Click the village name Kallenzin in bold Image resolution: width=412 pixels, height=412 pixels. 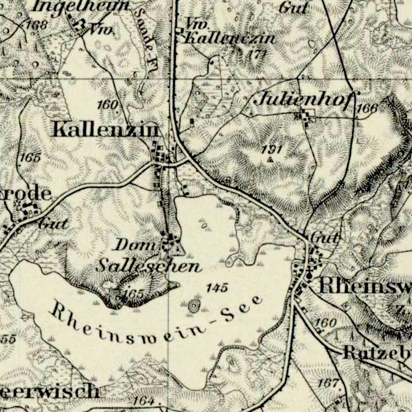(x=106, y=130)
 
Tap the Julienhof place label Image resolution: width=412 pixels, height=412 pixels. (x=304, y=99)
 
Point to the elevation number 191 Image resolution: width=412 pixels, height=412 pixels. (x=272, y=149)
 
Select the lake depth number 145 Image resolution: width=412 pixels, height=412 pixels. (x=217, y=288)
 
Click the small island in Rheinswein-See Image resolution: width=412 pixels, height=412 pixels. (x=194, y=306)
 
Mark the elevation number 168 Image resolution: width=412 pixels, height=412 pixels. (x=37, y=24)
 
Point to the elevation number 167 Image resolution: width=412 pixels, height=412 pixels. (x=328, y=383)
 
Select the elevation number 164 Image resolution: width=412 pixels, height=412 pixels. (x=143, y=400)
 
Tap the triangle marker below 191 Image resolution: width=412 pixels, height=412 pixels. (x=270, y=159)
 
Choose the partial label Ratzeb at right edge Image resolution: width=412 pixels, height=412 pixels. (x=377, y=353)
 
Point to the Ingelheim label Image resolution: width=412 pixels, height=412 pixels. (x=80, y=6)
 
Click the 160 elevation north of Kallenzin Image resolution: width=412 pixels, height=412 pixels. (x=108, y=105)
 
